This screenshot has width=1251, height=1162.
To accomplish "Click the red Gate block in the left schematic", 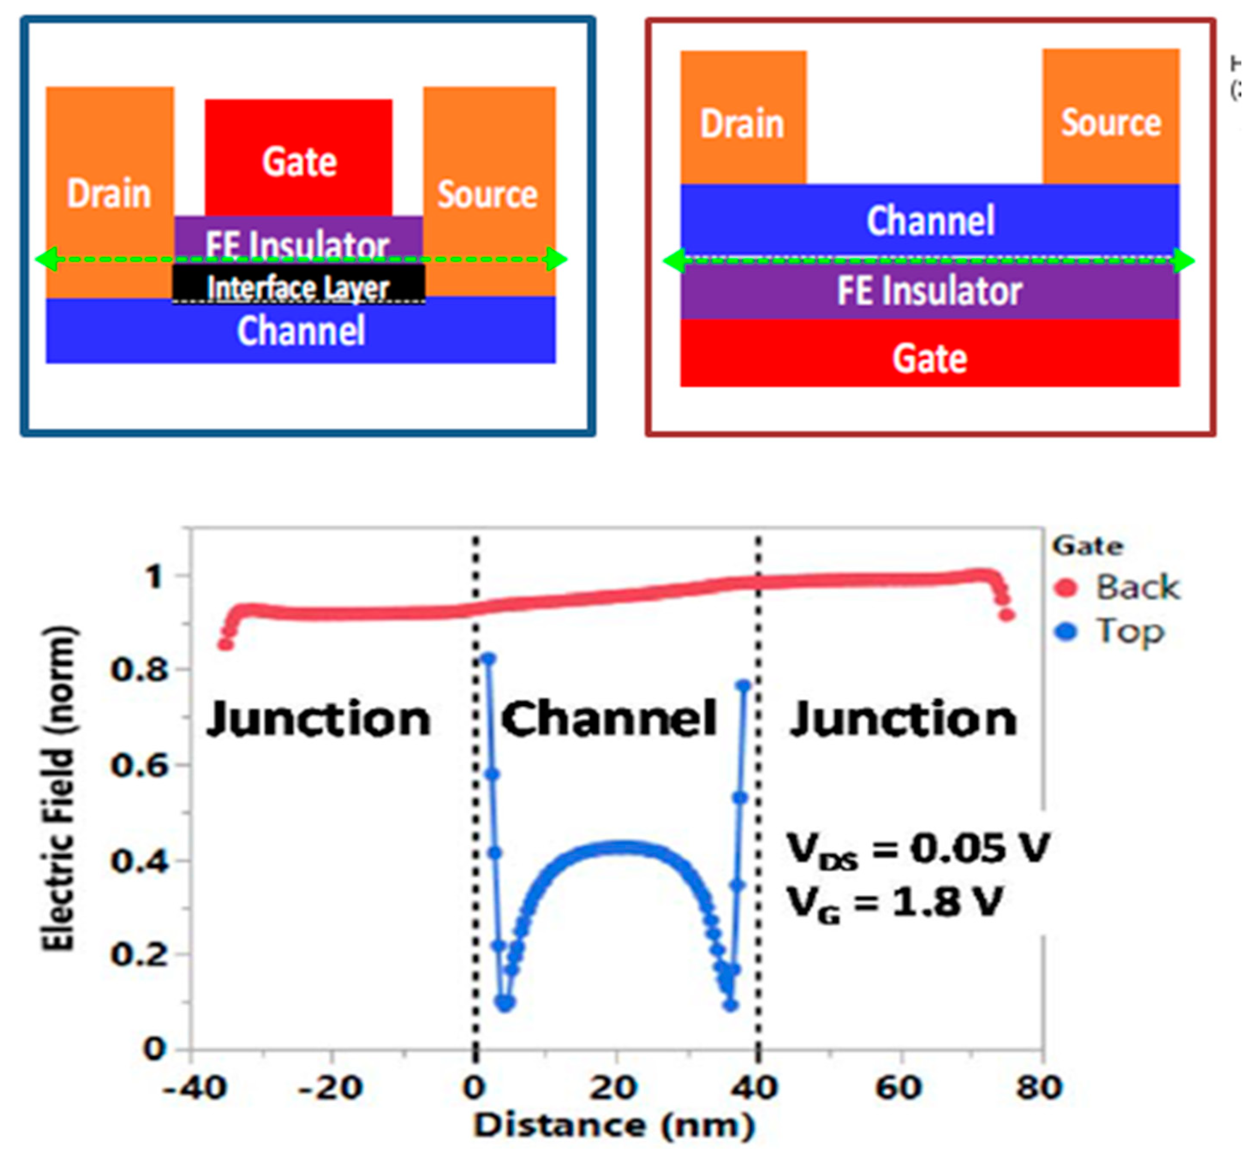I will tap(299, 157).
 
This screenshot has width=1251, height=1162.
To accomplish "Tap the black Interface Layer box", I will tap(299, 286).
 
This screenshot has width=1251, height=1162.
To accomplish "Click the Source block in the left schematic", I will tap(489, 189).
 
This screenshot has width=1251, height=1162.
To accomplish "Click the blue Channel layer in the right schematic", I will tap(930, 220).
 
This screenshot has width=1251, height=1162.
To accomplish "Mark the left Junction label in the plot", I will tap(318, 719).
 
